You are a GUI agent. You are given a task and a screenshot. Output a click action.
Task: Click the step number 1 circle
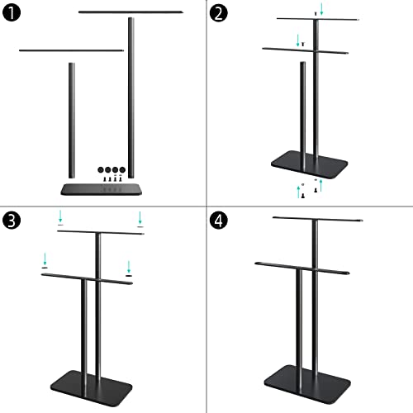(x=14, y=14)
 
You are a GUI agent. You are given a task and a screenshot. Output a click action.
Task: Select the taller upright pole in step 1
(x=131, y=95)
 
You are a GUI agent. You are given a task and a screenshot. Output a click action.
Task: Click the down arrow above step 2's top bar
(x=322, y=9)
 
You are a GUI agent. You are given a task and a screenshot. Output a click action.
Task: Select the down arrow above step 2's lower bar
(x=299, y=38)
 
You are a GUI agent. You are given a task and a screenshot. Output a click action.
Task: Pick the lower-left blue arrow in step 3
(x=44, y=263)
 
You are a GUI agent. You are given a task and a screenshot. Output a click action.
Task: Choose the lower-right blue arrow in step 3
(x=129, y=267)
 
